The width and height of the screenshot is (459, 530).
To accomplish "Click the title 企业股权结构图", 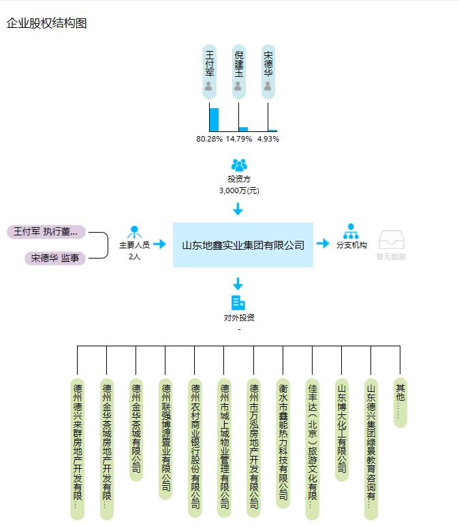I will tap(46, 23).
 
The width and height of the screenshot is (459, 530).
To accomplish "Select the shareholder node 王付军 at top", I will tap(209, 72).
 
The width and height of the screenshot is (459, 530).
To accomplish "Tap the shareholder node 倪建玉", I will tap(238, 72).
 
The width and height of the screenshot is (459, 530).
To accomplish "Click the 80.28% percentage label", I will tap(209, 139).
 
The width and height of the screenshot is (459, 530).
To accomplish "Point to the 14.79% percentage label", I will tap(239, 139).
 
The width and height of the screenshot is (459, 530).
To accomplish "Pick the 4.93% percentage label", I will tap(268, 139).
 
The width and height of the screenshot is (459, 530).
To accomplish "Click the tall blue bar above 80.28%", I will tap(214, 119).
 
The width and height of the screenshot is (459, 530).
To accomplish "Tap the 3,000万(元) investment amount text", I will tap(239, 191).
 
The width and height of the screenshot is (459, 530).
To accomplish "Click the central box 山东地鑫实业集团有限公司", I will tap(243, 245).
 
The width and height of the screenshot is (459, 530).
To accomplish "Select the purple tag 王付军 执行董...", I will tap(46, 232).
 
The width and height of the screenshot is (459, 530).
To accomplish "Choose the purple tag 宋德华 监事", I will tap(55, 259).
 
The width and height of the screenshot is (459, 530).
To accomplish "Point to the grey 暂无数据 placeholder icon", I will tap(391, 242).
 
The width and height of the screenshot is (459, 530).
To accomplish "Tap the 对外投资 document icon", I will tap(238, 303).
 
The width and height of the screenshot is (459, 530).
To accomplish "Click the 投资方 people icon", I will tap(239, 165).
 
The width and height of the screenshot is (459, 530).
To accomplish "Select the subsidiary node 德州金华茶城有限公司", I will tap(136, 429).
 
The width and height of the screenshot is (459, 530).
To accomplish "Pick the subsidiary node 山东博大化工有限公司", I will tap(341, 429).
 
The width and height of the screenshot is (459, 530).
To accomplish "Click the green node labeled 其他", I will tap(400, 402).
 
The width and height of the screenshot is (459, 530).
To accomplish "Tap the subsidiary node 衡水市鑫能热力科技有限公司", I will tap(283, 442).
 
